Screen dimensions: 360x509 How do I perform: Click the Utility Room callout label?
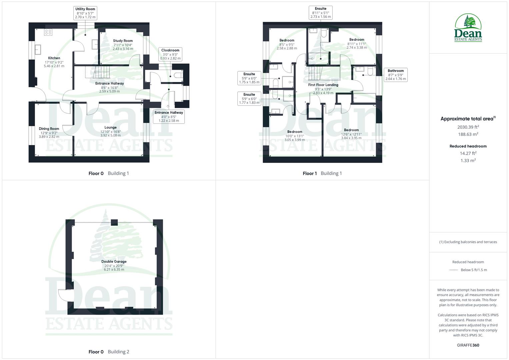85,13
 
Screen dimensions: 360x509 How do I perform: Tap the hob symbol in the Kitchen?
48,32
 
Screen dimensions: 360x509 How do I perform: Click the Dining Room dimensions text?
49,135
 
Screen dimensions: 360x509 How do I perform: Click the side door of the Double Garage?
63,295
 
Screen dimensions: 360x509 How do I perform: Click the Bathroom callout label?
395,75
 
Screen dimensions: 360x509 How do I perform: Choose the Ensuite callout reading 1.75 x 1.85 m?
249,78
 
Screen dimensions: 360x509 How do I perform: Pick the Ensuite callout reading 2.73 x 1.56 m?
320,13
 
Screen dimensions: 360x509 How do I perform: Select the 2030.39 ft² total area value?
468,127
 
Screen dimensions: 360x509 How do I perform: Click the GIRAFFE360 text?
468,345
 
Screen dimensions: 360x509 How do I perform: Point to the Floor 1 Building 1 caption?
322,173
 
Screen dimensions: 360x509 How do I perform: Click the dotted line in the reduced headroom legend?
453,270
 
